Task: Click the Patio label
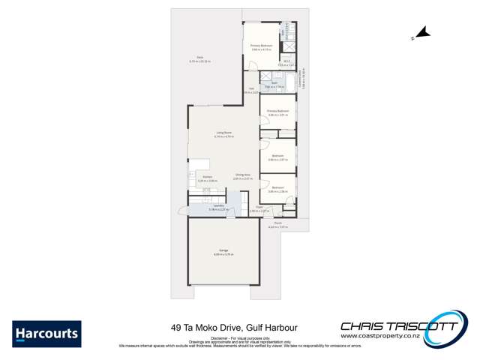(200, 57)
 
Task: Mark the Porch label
(277, 223)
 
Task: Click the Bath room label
(274, 83)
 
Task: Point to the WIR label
(286, 62)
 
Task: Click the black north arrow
(422, 32)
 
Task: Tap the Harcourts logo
(46, 334)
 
